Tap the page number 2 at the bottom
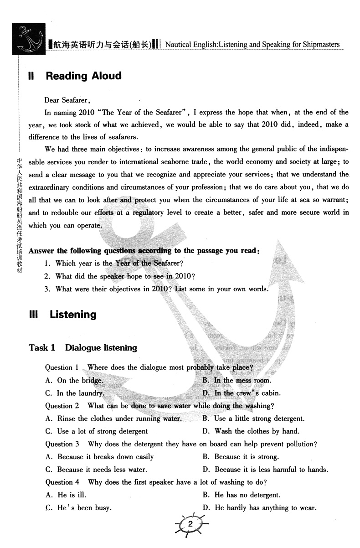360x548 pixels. pyautogui.click(x=191, y=525)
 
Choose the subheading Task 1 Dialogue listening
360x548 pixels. pyautogui.click(x=83, y=347)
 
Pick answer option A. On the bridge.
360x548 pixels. pyautogui.click(x=74, y=380)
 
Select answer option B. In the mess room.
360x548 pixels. pyautogui.click(x=237, y=380)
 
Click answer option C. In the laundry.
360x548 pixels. pyautogui.click(x=75, y=393)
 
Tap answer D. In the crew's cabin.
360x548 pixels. pyautogui.click(x=242, y=393)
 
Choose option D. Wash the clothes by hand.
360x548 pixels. pyautogui.click(x=251, y=431)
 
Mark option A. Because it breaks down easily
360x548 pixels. pyautogui.click(x=99, y=456)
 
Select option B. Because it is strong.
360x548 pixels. pyautogui.click(x=240, y=456)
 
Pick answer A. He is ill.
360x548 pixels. pyautogui.click(x=66, y=495)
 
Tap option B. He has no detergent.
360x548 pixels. pyautogui.click(x=242, y=495)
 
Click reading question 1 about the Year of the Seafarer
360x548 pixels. pyautogui.click(x=114, y=263)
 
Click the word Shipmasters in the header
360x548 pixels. pyautogui.click(x=319, y=44)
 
